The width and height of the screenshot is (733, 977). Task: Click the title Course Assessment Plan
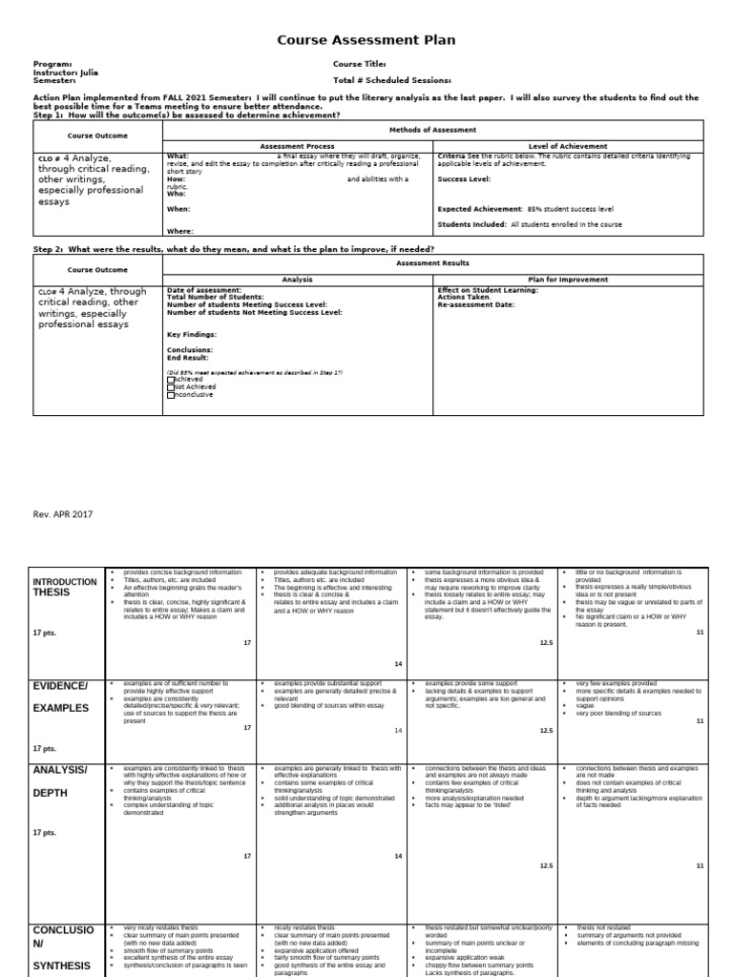tap(366, 40)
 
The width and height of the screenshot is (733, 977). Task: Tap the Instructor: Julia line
tap(65, 73)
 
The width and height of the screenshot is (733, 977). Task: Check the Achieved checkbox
tap(171, 379)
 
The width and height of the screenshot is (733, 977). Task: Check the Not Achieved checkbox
tap(171, 387)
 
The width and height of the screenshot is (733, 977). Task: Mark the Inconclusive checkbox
tap(171, 395)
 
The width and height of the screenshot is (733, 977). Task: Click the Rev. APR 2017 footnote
tap(63, 514)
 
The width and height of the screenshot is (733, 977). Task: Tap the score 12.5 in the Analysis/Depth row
tap(546, 865)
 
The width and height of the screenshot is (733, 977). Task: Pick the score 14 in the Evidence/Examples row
tap(400, 731)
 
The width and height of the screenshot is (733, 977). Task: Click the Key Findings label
tap(191, 335)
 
